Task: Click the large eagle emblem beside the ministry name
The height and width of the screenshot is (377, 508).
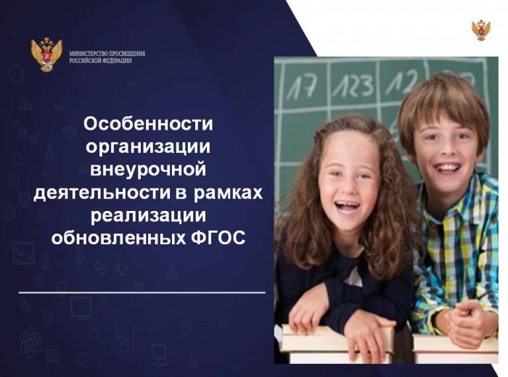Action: pyautogui.click(x=46, y=54)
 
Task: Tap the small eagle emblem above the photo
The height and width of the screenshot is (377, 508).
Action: pyautogui.click(x=480, y=30)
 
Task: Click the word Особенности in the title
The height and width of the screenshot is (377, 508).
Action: pyautogui.click(x=148, y=124)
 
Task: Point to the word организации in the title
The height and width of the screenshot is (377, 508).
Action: pyautogui.click(x=148, y=146)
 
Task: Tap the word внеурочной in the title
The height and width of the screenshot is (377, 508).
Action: pyautogui.click(x=148, y=170)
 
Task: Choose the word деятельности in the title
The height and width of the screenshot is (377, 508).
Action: pyautogui.click(x=102, y=193)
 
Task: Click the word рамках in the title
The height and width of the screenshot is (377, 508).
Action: pyautogui.click(x=229, y=193)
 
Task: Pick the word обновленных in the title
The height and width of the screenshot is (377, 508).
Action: pyautogui.click(x=118, y=239)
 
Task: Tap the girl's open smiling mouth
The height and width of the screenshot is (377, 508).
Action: pyautogui.click(x=347, y=207)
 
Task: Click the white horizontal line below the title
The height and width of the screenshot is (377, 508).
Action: pyautogui.click(x=142, y=293)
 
